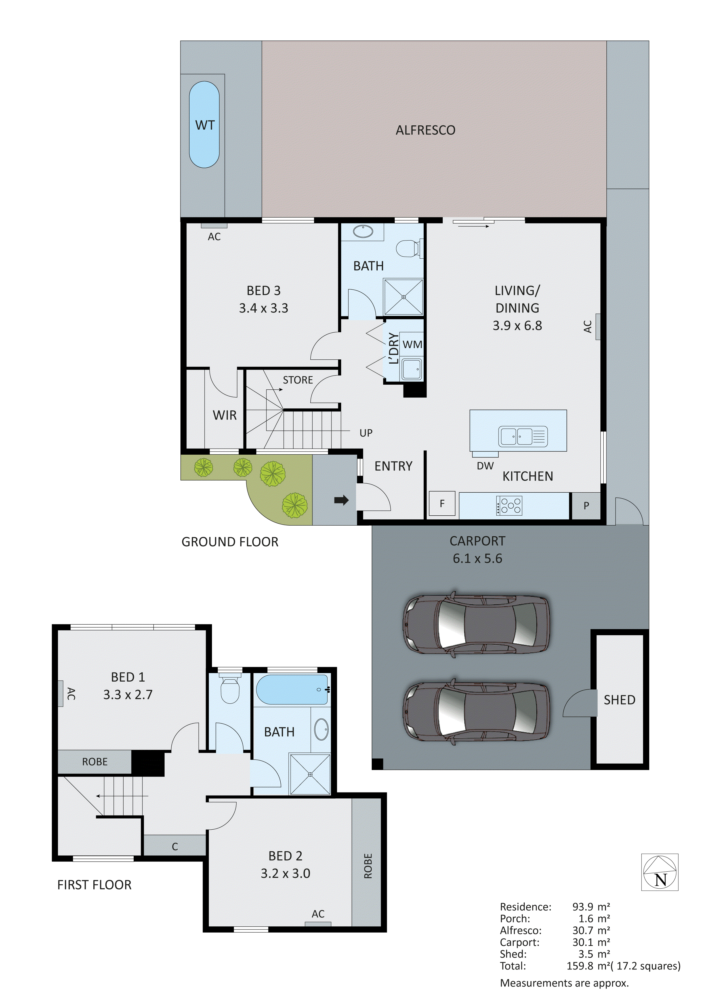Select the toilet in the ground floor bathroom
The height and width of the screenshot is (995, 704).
coord(408,248)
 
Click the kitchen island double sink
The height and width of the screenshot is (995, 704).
coord(522,437)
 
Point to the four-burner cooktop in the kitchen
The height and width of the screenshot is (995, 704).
coord(509,505)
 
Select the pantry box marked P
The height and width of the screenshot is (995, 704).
coord(586,506)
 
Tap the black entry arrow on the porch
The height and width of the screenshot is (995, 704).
coord(342,501)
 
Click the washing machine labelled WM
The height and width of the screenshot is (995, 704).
coord(412,345)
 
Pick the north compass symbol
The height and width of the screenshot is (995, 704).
coord(660,872)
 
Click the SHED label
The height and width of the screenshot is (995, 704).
coord(619,700)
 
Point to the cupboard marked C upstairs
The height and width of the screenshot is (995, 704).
coord(175,847)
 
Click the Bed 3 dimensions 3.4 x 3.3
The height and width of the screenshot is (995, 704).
coord(264,308)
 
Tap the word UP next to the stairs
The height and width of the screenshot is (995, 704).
coord(366,433)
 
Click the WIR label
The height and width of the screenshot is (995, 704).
coord(224,415)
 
